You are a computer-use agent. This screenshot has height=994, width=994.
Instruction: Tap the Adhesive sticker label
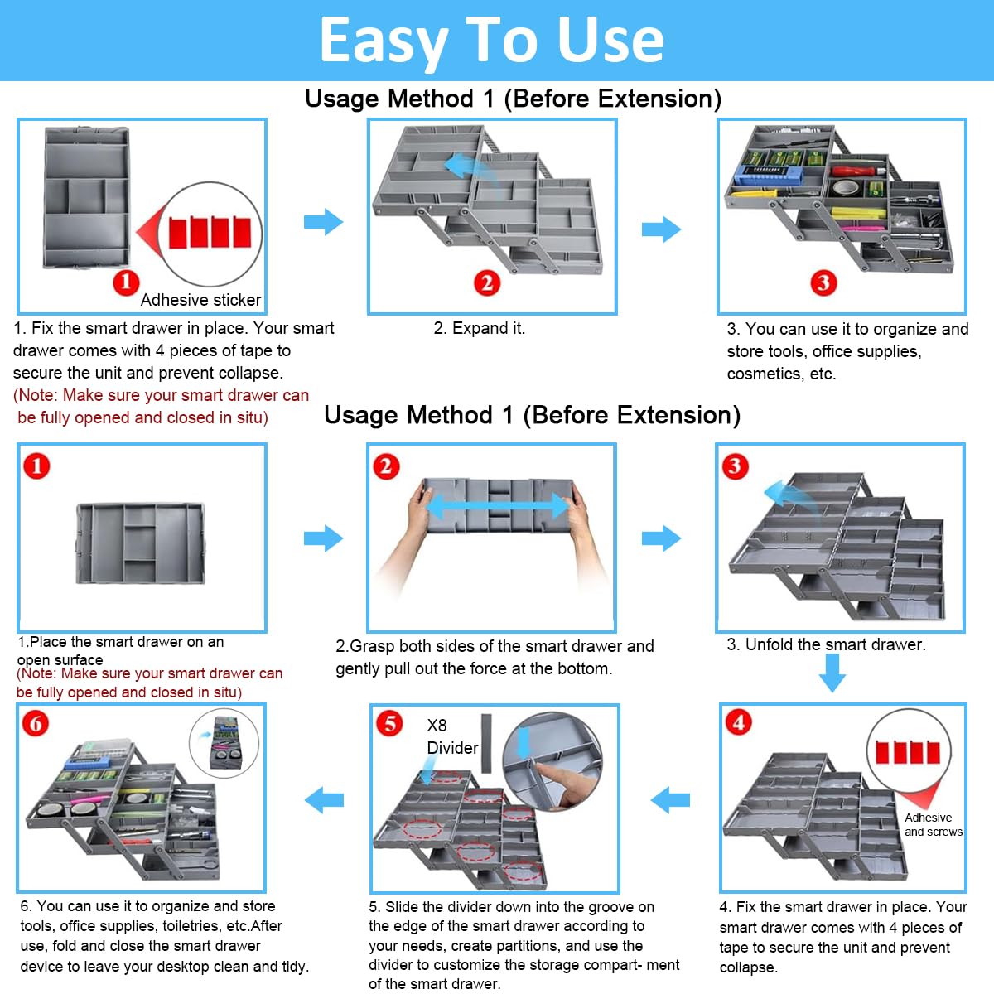click(200, 300)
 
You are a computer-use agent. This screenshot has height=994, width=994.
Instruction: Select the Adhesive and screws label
click(934, 824)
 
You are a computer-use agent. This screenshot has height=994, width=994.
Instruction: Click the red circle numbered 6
click(36, 724)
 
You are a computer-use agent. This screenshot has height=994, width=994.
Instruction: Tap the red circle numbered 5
click(389, 722)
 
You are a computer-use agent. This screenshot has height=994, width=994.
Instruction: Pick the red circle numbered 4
click(738, 722)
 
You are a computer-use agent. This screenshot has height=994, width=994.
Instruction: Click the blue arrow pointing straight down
click(832, 673)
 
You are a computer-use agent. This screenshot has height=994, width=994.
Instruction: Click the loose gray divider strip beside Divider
click(486, 743)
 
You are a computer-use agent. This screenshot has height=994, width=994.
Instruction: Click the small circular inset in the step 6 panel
click(224, 742)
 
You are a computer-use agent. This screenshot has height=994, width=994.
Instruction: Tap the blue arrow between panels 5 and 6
click(324, 800)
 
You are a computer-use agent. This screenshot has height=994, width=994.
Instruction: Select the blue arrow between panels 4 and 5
click(670, 800)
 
